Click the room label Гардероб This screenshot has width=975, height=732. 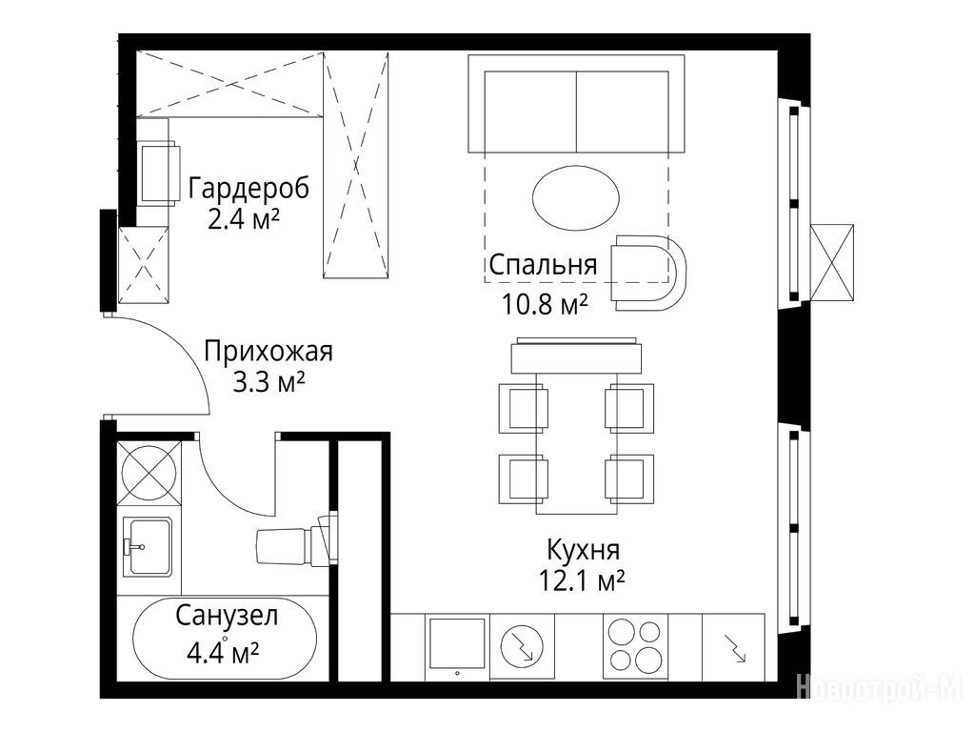249,188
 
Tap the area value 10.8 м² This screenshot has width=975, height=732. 545,304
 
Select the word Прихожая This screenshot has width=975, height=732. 269,352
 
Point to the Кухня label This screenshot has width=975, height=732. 584,550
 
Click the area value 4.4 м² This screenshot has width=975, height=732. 223,654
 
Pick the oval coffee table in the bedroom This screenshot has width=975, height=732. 576,198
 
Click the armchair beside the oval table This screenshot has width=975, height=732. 647,273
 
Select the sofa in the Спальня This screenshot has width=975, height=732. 576,104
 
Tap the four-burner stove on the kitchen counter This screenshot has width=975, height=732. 635,646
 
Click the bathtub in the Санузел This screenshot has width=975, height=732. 225,640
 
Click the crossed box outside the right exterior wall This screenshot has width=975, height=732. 832,262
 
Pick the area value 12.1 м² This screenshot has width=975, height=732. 582,581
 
